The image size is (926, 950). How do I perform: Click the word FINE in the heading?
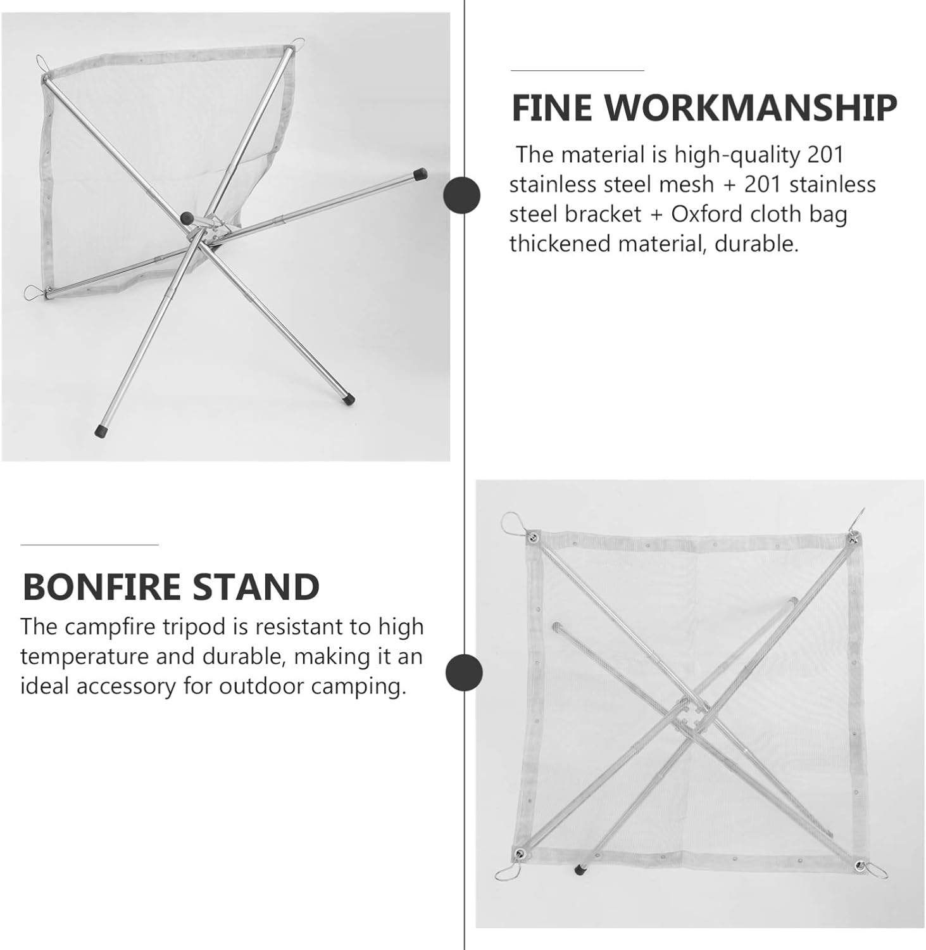click(x=551, y=108)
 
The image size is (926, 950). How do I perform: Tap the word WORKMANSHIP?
click(x=751, y=108)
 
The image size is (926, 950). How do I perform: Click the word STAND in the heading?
click(x=256, y=587)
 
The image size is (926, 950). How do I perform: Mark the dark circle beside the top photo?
click(x=461, y=196)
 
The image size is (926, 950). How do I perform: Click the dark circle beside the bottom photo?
click(x=464, y=673)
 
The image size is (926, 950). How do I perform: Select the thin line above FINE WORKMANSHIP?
click(x=577, y=70)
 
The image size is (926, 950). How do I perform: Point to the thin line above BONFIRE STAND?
click(x=89, y=544)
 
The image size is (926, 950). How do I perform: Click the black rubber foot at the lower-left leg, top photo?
click(x=100, y=431)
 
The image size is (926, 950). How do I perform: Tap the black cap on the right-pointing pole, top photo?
click(x=420, y=174)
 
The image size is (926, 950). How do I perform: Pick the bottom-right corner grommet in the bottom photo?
click(x=859, y=865)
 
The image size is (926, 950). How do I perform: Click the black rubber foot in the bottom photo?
click(x=579, y=870)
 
